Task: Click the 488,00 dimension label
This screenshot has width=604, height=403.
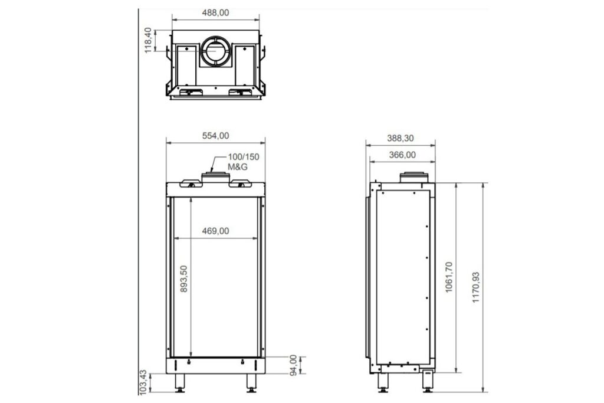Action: tap(215, 13)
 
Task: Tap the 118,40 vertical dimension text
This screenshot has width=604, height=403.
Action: tap(148, 41)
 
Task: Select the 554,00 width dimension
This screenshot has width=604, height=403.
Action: tap(215, 136)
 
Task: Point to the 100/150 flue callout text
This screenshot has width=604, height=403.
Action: tap(244, 157)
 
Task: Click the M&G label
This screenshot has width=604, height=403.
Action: tap(238, 167)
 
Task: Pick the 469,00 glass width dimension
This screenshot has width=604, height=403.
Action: tap(215, 231)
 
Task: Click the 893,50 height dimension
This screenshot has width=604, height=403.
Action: tap(184, 279)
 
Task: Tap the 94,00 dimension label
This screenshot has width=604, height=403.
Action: tap(294, 365)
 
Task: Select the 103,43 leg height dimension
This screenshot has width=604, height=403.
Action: tap(143, 382)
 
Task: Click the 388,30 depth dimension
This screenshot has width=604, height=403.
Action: tap(401, 138)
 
